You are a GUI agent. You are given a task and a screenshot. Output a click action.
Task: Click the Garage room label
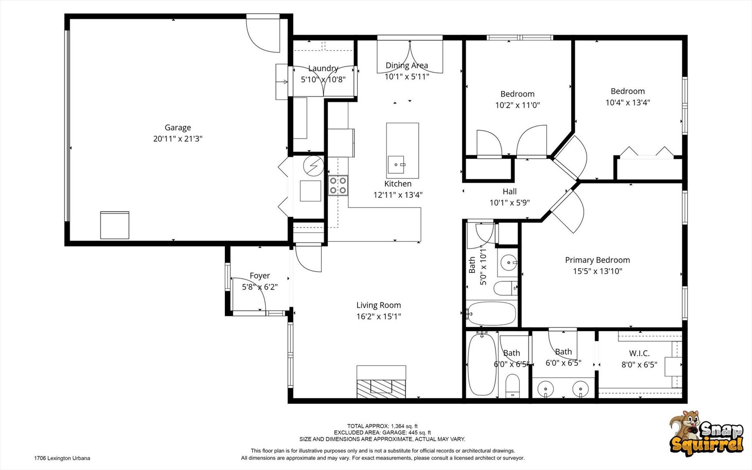click(177, 128)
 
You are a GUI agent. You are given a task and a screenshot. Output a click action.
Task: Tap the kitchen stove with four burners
click(338, 185)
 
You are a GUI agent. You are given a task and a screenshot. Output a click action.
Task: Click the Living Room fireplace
click(381, 382)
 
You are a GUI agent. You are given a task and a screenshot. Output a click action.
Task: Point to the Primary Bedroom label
click(597, 260)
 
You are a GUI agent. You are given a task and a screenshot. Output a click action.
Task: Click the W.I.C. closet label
click(639, 353)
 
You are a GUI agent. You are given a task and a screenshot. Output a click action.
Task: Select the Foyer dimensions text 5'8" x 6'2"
click(260, 287)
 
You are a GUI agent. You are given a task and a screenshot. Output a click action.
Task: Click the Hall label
click(509, 191)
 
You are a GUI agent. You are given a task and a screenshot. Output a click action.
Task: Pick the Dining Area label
click(407, 65)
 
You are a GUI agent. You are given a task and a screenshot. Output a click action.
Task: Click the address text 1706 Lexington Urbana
click(62, 458)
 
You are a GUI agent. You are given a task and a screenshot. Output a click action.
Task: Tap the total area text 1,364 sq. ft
click(404, 426)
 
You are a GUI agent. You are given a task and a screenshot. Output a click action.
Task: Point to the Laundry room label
click(323, 68)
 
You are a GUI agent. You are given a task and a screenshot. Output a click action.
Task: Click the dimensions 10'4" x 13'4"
click(628, 102)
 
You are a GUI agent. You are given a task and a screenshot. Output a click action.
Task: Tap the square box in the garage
click(115, 225)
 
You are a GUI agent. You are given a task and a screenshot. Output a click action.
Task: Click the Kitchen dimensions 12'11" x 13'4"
click(398, 195)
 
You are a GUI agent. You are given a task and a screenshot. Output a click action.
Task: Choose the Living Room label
click(378, 305)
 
